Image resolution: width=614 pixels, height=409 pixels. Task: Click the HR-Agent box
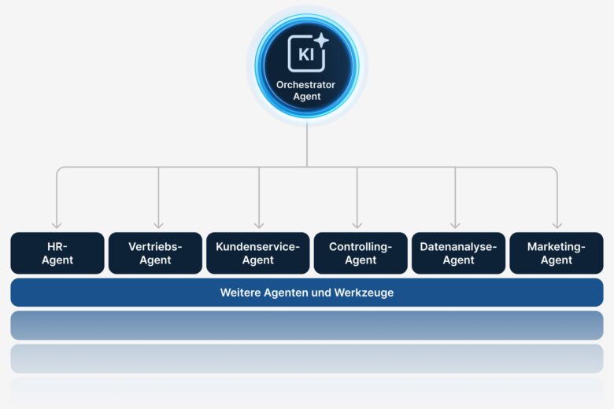(57, 252)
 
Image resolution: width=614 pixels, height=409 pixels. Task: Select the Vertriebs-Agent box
(155, 252)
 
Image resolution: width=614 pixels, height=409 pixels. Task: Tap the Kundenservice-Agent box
(258, 252)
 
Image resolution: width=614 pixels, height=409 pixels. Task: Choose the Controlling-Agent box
(361, 252)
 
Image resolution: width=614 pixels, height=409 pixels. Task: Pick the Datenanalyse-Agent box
(458, 252)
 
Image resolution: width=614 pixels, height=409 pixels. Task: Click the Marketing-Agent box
(557, 252)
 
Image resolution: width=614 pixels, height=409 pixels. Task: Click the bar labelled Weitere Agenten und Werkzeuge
(307, 292)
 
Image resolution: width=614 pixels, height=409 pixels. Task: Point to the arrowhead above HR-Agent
(57, 225)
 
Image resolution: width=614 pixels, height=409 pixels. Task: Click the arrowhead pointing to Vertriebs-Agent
(158, 225)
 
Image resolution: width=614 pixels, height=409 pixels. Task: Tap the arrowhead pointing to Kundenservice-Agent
(259, 225)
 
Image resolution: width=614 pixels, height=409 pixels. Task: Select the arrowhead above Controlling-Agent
(357, 225)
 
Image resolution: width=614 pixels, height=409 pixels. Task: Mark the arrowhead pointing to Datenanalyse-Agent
(455, 225)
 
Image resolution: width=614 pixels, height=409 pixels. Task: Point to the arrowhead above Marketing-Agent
(557, 225)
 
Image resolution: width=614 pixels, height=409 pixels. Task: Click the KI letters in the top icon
(305, 55)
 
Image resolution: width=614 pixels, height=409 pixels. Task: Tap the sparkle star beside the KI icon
(321, 41)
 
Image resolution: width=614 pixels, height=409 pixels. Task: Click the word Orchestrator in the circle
(305, 85)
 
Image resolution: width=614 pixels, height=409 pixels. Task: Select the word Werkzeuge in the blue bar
(365, 293)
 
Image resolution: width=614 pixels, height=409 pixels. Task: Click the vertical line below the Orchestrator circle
(307, 146)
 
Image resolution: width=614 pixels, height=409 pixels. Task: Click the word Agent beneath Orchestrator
(306, 97)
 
